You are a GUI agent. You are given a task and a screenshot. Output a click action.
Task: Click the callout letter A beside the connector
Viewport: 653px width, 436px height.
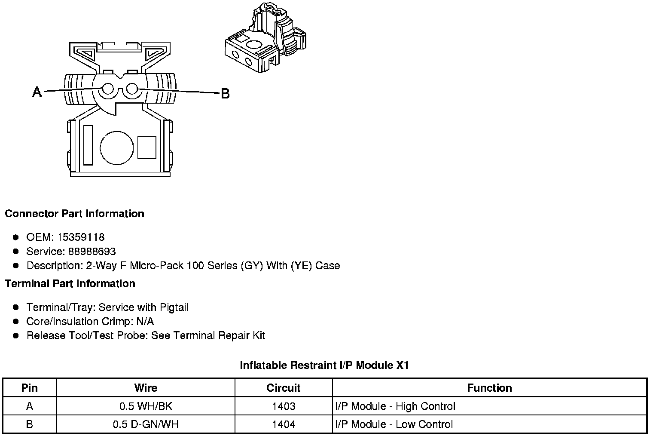pyautogui.click(x=37, y=92)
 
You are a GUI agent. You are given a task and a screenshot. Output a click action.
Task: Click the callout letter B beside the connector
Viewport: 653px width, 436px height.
pyautogui.click(x=225, y=93)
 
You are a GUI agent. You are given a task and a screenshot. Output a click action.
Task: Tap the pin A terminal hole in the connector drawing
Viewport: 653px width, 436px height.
pyautogui.click(x=108, y=89)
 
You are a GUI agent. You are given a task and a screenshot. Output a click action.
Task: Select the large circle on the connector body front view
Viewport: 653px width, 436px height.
pyautogui.click(x=117, y=147)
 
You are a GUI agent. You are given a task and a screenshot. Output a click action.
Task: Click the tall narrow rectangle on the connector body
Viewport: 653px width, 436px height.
pyautogui.click(x=88, y=145)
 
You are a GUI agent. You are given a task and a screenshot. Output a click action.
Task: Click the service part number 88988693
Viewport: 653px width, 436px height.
pyautogui.click(x=92, y=252)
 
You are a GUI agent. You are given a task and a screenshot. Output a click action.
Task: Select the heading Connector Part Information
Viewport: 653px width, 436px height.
pyautogui.click(x=74, y=214)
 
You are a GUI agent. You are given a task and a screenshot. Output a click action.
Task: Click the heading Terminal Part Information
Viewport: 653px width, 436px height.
pyautogui.click(x=70, y=284)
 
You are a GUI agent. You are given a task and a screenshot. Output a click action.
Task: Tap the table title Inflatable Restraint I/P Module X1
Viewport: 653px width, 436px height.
pyautogui.click(x=324, y=365)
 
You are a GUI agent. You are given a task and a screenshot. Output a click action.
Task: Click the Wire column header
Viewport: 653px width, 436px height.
pyautogui.click(x=146, y=388)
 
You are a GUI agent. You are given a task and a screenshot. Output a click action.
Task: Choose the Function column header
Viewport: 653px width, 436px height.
pyautogui.click(x=489, y=388)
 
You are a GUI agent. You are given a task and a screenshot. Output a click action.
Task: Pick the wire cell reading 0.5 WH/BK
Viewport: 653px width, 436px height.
pyautogui.click(x=146, y=406)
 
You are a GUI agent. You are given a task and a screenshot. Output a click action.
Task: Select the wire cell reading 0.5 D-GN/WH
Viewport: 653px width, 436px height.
pyautogui.click(x=146, y=424)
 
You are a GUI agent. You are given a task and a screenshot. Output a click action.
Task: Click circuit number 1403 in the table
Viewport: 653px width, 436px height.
pyautogui.click(x=284, y=406)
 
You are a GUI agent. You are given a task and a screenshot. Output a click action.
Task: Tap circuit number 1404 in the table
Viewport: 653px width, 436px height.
pyautogui.click(x=284, y=424)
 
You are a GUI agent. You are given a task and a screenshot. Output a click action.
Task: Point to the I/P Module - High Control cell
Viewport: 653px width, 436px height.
pyautogui.click(x=395, y=406)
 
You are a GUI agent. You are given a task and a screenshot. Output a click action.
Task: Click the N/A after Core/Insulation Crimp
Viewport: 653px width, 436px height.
pyautogui.click(x=145, y=322)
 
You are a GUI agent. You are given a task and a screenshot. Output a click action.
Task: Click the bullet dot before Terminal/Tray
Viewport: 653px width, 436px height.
pyautogui.click(x=16, y=307)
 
